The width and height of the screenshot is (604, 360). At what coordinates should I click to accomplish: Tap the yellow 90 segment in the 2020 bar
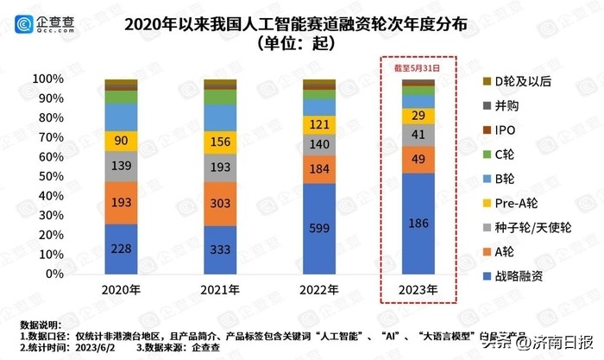coord(121,140)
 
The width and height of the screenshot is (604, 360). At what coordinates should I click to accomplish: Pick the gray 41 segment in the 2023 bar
coord(418,135)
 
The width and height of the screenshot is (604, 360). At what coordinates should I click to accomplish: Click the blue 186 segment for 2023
coord(418,223)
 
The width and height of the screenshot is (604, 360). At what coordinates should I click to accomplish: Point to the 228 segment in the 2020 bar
coord(121,249)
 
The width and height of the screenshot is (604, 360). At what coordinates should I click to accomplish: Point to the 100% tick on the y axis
coord(51,79)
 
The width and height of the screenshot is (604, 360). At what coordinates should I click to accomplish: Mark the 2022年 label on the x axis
coord(318,289)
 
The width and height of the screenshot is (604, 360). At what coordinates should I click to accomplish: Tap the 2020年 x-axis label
coord(121,289)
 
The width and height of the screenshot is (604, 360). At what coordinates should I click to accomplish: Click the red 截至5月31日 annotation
coord(418,66)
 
